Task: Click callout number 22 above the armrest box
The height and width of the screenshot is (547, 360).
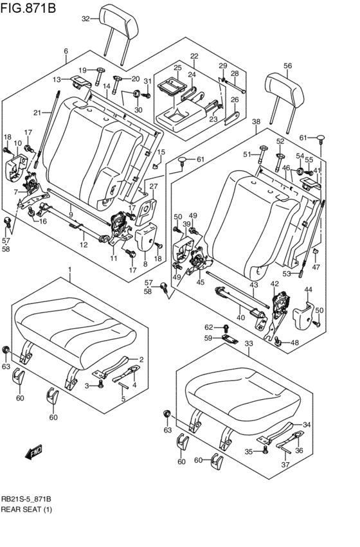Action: [x=194, y=57]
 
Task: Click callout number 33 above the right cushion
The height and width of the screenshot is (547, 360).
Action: [x=249, y=343]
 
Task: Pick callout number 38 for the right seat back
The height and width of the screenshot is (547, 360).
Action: [x=256, y=121]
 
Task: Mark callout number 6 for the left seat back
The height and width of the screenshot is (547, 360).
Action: [x=66, y=51]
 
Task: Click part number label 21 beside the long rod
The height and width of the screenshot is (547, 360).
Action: [x=37, y=112]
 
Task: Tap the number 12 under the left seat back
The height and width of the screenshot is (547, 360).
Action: [x=84, y=245]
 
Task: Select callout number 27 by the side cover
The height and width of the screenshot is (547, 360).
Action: [x=153, y=186]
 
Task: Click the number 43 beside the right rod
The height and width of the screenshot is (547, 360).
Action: [x=254, y=285]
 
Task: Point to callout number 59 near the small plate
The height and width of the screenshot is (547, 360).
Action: [x=208, y=338]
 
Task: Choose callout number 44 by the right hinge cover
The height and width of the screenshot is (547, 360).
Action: [x=309, y=290]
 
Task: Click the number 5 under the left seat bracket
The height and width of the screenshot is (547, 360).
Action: [x=123, y=399]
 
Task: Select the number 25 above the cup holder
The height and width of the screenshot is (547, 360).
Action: [x=177, y=67]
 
